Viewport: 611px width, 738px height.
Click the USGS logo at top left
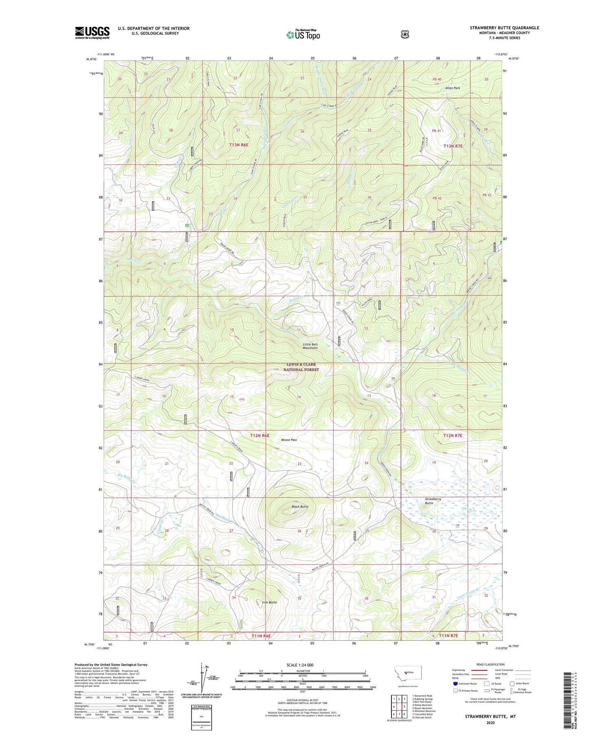(x=92, y=33)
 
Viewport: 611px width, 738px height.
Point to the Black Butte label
(x=300, y=507)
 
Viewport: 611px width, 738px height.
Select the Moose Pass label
(x=289, y=440)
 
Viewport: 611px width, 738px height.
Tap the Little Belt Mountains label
(x=310, y=346)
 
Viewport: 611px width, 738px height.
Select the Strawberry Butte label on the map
(x=433, y=501)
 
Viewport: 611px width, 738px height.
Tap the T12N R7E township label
(x=453, y=436)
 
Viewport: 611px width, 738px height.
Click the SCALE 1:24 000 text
(x=302, y=665)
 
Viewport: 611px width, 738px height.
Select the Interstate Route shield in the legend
(x=455, y=683)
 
